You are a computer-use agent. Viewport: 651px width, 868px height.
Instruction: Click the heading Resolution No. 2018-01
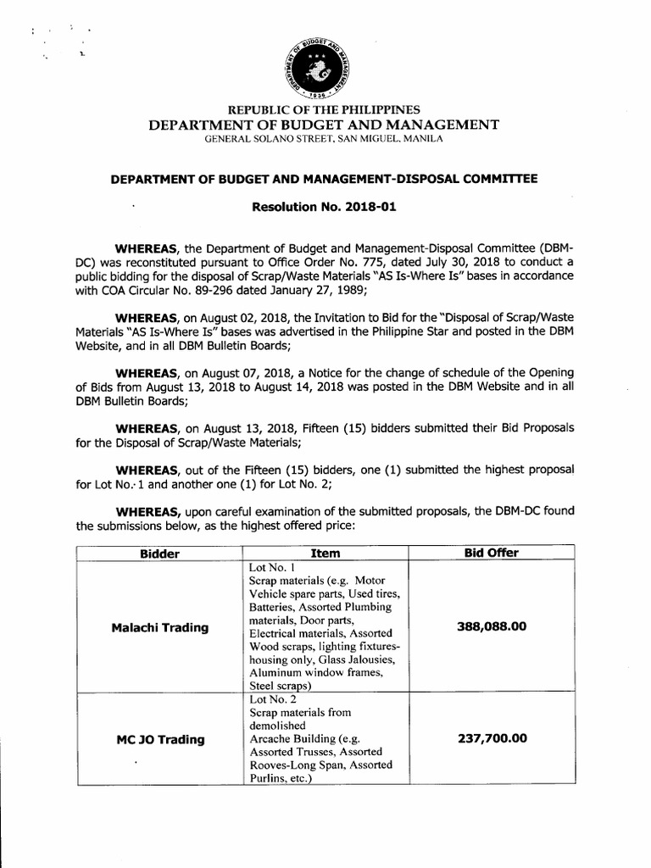[325, 205]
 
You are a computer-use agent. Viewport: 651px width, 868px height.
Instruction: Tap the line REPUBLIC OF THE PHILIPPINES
[325, 110]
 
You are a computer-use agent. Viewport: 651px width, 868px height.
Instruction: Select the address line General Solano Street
[325, 138]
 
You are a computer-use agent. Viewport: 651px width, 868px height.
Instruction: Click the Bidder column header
[159, 554]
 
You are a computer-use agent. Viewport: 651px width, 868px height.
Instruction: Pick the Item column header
[325, 554]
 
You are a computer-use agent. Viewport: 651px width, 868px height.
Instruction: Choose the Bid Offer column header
[492, 554]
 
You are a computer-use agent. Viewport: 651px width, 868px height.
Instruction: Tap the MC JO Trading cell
[160, 739]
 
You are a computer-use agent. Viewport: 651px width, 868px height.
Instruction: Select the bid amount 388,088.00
[492, 626]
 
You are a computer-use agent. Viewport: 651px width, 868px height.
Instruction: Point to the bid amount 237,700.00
[492, 738]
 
